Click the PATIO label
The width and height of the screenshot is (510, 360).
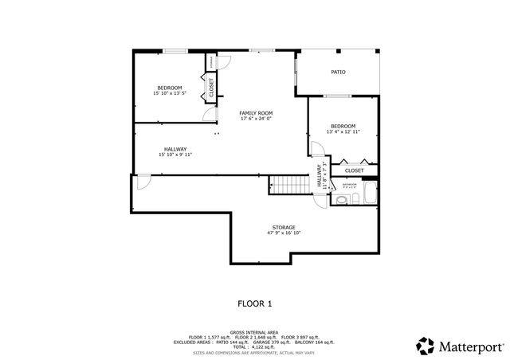tap(338, 72)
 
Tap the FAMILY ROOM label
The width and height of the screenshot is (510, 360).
tap(256, 114)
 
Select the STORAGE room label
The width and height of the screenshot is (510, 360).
tap(284, 228)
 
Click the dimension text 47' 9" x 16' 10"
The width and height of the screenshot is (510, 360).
tap(284, 234)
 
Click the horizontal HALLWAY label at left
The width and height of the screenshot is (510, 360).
tap(175, 150)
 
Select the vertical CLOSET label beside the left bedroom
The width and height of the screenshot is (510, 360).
tap(212, 88)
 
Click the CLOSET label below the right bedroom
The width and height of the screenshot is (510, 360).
tap(354, 170)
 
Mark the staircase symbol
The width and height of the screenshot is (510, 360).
tap(287, 185)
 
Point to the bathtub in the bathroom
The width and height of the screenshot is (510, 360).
tap(369, 193)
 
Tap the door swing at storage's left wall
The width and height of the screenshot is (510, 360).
tap(143, 182)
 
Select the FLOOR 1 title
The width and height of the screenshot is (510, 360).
tap(255, 303)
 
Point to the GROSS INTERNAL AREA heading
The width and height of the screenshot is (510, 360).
tap(255, 331)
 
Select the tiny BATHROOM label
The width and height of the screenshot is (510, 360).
tap(350, 185)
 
